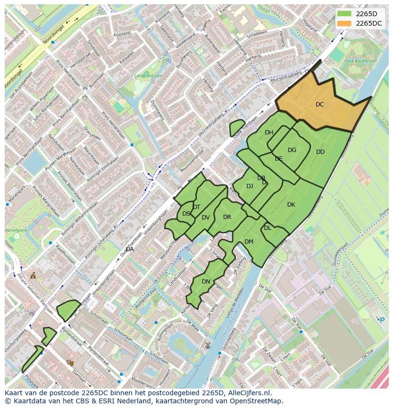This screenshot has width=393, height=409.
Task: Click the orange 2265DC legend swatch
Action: tap(345, 23)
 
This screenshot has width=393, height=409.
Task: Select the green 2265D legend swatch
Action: tap(345, 14)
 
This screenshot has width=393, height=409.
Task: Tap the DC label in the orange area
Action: tap(320, 105)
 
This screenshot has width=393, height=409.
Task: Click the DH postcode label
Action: tap(269, 133)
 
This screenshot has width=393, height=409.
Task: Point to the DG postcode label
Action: tap(292, 150)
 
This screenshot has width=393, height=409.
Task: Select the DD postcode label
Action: tap(320, 152)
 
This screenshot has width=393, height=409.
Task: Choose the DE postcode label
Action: tap(279, 159)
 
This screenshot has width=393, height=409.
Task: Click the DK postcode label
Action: tap(291, 205)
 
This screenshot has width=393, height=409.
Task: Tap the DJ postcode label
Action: tap(250, 186)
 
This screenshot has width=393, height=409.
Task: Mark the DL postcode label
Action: tap(268, 228)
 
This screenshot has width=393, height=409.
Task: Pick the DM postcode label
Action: tap(249, 242)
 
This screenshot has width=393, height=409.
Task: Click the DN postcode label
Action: tap(206, 282)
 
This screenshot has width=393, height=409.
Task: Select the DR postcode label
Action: tap(227, 217)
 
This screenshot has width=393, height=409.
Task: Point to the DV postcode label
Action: tap(206, 218)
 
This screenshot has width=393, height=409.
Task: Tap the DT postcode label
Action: tap(196, 207)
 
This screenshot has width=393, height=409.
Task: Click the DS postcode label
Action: tap(186, 214)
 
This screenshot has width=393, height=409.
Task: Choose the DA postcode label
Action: tap(130, 249)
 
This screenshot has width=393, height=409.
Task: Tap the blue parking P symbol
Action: tap(382, 320)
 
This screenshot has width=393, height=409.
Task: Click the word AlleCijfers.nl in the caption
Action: tap(248, 393)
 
